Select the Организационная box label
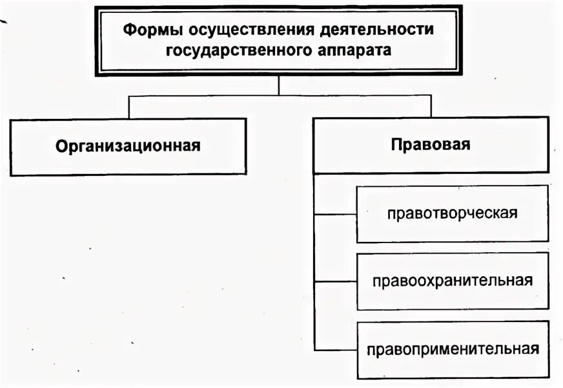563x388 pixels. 128,146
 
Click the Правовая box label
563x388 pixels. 431,145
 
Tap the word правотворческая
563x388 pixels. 453,213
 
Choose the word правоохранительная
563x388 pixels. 452,281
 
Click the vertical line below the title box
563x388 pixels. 278,85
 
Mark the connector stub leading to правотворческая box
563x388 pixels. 335,213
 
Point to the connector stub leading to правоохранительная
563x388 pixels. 335,281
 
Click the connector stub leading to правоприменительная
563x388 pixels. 335,350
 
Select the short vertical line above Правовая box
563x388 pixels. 431,107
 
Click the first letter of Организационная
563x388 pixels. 61,146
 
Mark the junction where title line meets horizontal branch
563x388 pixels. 278,96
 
